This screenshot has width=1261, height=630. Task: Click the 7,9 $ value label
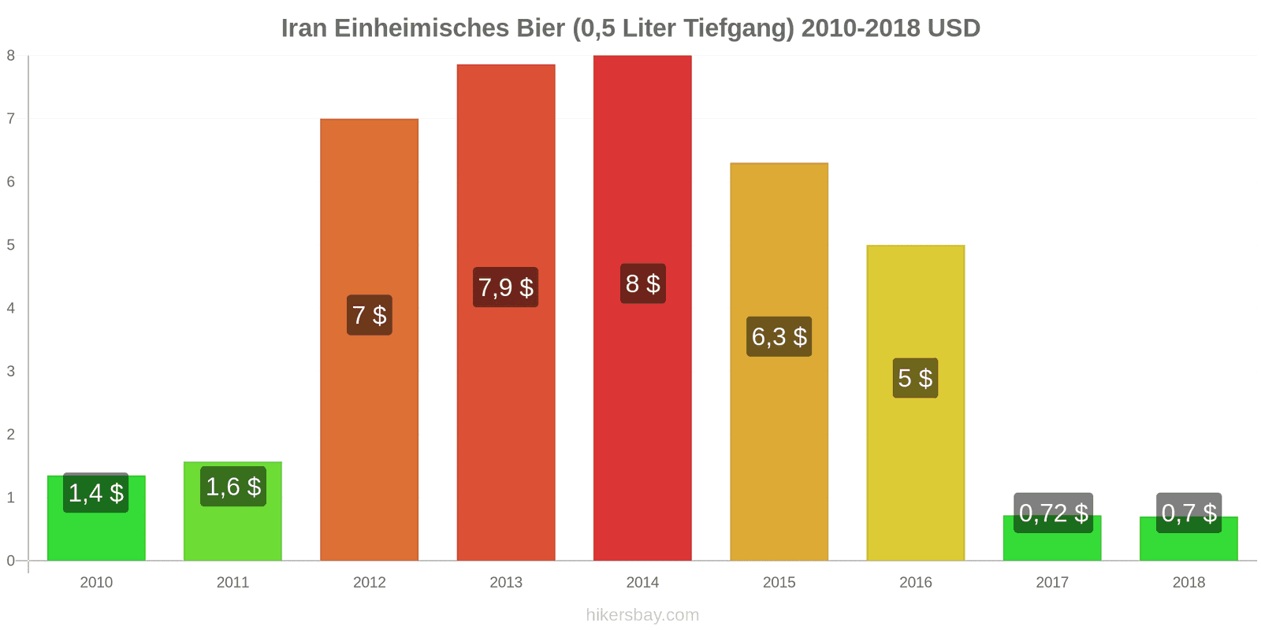[505, 287]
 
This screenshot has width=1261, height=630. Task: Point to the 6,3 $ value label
[779, 337]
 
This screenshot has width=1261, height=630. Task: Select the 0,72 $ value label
[1053, 513]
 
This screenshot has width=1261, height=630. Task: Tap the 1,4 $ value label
[96, 493]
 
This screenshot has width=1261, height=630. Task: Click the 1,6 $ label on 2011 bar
[232, 487]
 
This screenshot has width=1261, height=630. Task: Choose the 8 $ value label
[642, 283]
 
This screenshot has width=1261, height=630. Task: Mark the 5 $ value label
[915, 378]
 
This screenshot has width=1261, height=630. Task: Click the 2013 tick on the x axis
[505, 583]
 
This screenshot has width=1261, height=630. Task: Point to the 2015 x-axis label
[779, 583]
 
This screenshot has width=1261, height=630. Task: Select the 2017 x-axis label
[1052, 583]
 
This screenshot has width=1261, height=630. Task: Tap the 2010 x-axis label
[96, 583]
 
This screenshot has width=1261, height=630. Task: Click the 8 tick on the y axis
[11, 56]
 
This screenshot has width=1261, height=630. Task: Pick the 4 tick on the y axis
[11, 308]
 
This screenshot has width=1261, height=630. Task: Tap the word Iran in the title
[303, 28]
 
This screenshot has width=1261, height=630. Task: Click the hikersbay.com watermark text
[642, 615]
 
